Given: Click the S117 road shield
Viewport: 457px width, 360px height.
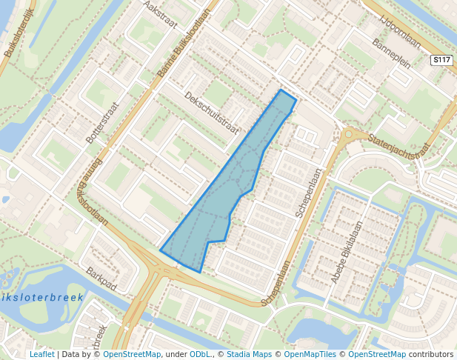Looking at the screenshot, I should [x=441, y=60].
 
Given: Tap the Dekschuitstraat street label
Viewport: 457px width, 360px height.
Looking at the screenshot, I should [x=212, y=113].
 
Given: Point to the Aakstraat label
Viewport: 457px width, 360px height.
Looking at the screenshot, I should [x=161, y=14].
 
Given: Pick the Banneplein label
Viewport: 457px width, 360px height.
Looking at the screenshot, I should [x=391, y=52].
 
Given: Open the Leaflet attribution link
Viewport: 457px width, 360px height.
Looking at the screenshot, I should [x=42, y=355].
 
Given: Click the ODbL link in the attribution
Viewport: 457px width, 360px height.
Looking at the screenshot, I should [x=200, y=355].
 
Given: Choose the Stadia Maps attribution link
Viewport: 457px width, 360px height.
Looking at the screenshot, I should [x=249, y=355].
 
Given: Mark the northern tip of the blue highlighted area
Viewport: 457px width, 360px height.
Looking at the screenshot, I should [x=281, y=90].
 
